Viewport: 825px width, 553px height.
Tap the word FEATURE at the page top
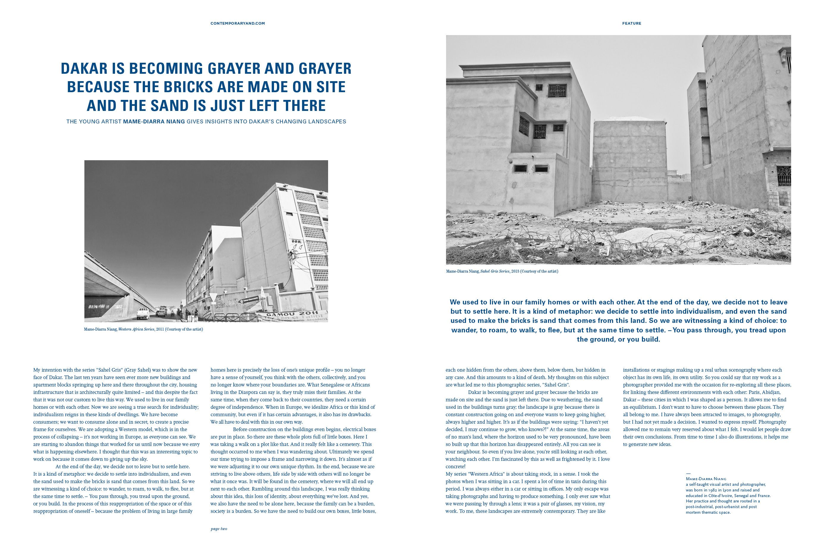click(632, 23)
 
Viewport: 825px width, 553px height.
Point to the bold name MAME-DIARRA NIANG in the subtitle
click(154, 122)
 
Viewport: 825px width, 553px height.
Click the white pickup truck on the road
click(142, 313)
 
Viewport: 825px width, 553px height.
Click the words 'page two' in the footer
click(219, 529)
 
